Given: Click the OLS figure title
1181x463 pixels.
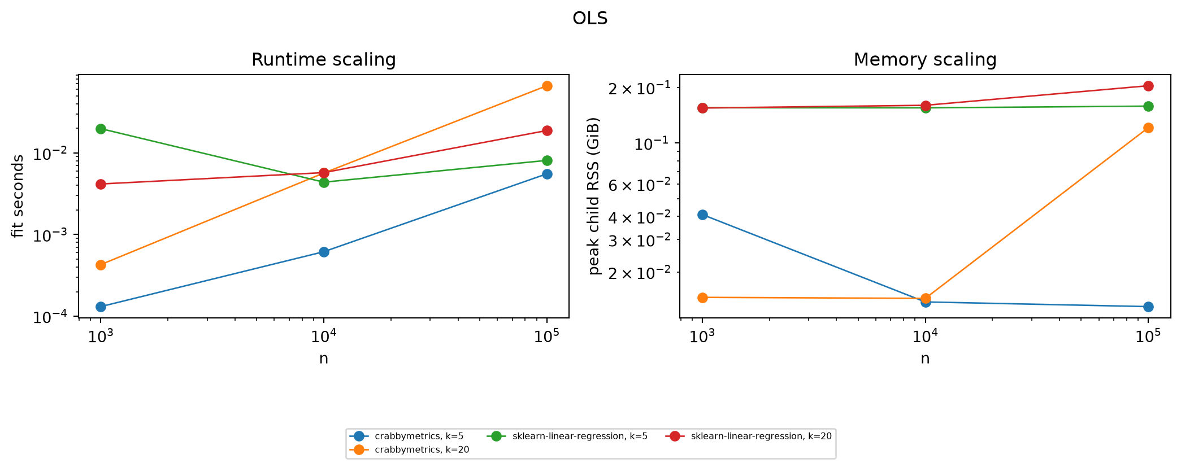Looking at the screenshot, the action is (590, 19).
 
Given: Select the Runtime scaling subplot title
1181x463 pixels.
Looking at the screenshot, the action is (323, 60).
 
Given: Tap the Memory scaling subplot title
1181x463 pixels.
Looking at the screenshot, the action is (925, 60).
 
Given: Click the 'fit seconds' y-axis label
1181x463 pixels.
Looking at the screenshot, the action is (18, 196).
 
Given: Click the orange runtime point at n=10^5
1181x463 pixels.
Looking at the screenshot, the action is (547, 86).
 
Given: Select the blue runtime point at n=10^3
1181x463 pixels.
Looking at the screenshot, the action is (101, 307).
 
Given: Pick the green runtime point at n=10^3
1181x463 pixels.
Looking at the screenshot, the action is (101, 129).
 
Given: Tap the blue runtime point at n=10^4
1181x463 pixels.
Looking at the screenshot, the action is (324, 252).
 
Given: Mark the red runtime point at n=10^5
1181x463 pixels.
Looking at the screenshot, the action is (547, 130).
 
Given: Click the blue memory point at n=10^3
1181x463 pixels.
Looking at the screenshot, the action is (702, 215).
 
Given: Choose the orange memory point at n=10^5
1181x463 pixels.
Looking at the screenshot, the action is (1148, 128).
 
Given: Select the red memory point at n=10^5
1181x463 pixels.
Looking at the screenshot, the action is (1148, 86).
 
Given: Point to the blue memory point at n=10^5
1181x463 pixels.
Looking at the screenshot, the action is (1148, 307).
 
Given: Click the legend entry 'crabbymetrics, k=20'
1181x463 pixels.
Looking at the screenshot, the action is (409, 449).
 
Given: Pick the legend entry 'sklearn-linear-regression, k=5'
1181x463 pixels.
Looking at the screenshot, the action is (567, 436).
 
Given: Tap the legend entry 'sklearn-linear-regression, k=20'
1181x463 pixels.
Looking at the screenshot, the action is (749, 436).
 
